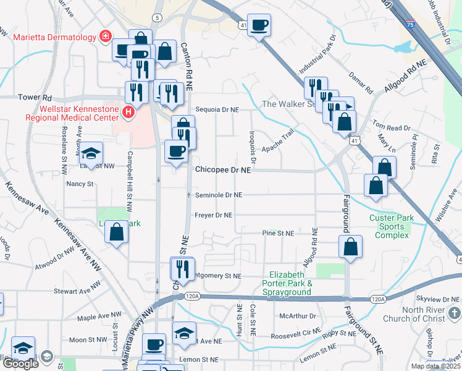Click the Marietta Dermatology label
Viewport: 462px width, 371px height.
click(x=55, y=37)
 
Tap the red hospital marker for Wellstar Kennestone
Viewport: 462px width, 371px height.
click(x=128, y=112)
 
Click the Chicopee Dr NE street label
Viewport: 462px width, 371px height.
click(x=223, y=169)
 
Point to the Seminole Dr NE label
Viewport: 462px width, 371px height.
click(x=219, y=195)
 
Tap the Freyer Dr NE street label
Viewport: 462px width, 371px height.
click(x=214, y=216)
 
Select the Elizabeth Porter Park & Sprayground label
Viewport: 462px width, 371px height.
click(x=292, y=283)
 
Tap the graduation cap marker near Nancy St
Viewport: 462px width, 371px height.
click(x=91, y=153)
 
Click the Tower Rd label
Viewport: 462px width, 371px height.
click(x=35, y=98)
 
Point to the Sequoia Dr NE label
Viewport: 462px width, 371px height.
click(x=217, y=109)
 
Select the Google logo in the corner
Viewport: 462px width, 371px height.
click(x=20, y=364)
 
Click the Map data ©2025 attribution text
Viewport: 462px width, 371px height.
click(x=435, y=366)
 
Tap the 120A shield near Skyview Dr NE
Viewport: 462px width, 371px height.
click(x=378, y=299)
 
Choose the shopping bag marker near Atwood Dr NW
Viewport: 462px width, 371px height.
click(x=116, y=232)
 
